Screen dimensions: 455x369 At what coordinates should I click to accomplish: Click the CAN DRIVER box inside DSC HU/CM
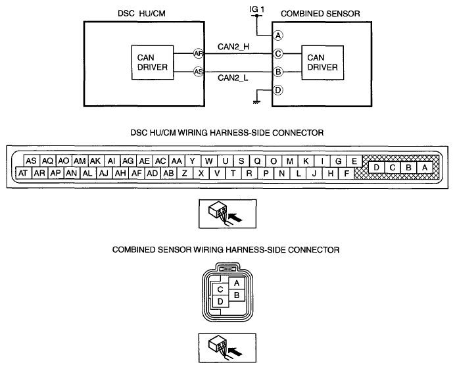point(153,62)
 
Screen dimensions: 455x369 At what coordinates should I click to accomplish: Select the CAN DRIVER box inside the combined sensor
point(323,62)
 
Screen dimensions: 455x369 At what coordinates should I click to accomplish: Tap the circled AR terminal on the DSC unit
point(199,54)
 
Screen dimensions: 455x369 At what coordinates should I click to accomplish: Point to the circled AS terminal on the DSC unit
point(199,72)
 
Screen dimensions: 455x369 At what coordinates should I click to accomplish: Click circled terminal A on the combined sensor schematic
point(278,36)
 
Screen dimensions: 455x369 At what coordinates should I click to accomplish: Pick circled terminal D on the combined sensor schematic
point(278,90)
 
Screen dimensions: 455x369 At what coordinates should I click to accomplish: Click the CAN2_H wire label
point(233,47)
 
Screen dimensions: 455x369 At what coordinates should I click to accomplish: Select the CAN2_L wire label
point(233,78)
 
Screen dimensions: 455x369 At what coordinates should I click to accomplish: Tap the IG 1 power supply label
point(257,9)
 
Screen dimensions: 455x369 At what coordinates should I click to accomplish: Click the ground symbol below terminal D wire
point(256,102)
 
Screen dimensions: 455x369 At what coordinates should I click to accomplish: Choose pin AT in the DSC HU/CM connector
point(23,174)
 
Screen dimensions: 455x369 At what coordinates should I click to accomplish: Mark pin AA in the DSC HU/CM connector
point(177,161)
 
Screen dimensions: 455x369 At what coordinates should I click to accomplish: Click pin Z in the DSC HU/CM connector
point(185,174)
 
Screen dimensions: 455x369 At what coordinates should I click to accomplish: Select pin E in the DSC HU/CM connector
point(354,161)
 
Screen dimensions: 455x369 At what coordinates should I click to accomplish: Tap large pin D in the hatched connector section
point(376,168)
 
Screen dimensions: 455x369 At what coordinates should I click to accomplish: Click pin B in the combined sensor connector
point(237,295)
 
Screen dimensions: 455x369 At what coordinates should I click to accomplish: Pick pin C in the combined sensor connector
point(220,289)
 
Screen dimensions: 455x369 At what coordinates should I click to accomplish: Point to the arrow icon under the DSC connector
point(228,214)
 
